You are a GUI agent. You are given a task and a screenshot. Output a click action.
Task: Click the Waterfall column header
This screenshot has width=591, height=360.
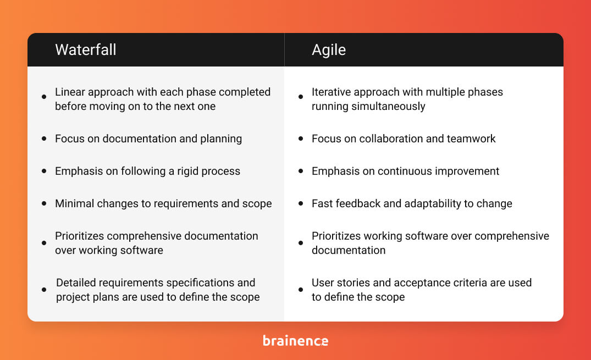click(x=85, y=49)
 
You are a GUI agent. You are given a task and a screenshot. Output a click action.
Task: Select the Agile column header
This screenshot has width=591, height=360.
click(x=329, y=49)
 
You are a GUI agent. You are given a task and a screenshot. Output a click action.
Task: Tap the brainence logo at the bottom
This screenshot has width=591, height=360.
click(x=295, y=341)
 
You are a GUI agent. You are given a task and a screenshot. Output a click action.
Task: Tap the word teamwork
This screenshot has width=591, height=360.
click(x=470, y=139)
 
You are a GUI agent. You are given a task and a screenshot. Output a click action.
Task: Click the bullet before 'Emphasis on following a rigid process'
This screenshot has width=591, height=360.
click(x=44, y=171)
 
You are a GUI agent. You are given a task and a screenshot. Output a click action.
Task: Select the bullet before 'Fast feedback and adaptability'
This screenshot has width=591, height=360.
click(x=301, y=203)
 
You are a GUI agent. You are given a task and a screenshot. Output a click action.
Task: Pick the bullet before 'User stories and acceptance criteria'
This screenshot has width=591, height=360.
click(x=301, y=290)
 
